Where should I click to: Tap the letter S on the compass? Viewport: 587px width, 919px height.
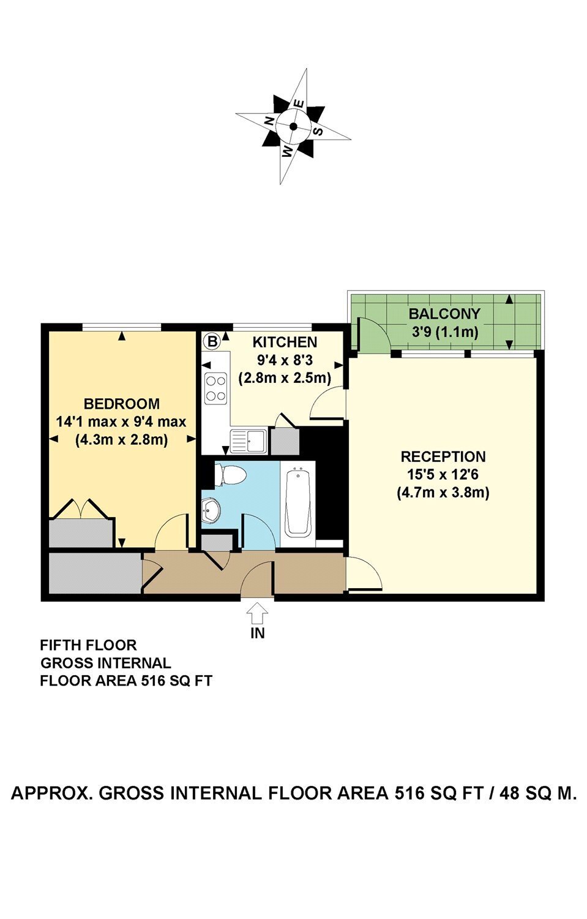(318, 131)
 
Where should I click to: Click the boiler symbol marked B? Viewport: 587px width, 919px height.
(212, 341)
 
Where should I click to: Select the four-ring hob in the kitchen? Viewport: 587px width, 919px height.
(216, 388)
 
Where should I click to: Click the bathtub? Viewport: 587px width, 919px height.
(297, 504)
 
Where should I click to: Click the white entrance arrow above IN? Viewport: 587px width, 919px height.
(257, 613)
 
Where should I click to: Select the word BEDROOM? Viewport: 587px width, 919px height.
(122, 404)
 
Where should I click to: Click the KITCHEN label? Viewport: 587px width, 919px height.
(285, 341)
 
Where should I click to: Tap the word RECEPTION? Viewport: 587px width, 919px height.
(443, 456)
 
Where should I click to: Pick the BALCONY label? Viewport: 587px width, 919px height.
(444, 314)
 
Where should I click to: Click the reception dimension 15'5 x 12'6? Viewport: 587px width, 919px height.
(443, 474)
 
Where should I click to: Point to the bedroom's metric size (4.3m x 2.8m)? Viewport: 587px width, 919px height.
(122, 440)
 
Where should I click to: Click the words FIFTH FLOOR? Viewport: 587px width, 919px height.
(88, 645)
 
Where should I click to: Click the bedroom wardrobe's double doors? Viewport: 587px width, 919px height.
(81, 509)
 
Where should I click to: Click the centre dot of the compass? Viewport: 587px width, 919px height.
(293, 126)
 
